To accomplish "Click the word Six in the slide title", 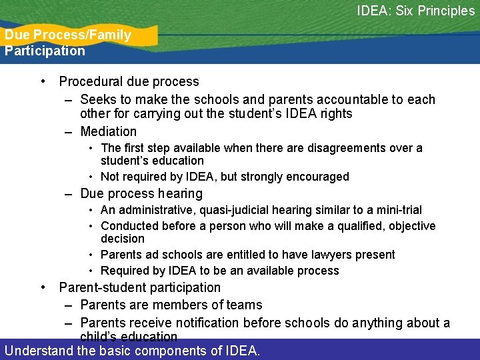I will pos(406,11).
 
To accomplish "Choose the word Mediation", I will pos(108,131).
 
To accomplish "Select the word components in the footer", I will pos(171,350).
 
